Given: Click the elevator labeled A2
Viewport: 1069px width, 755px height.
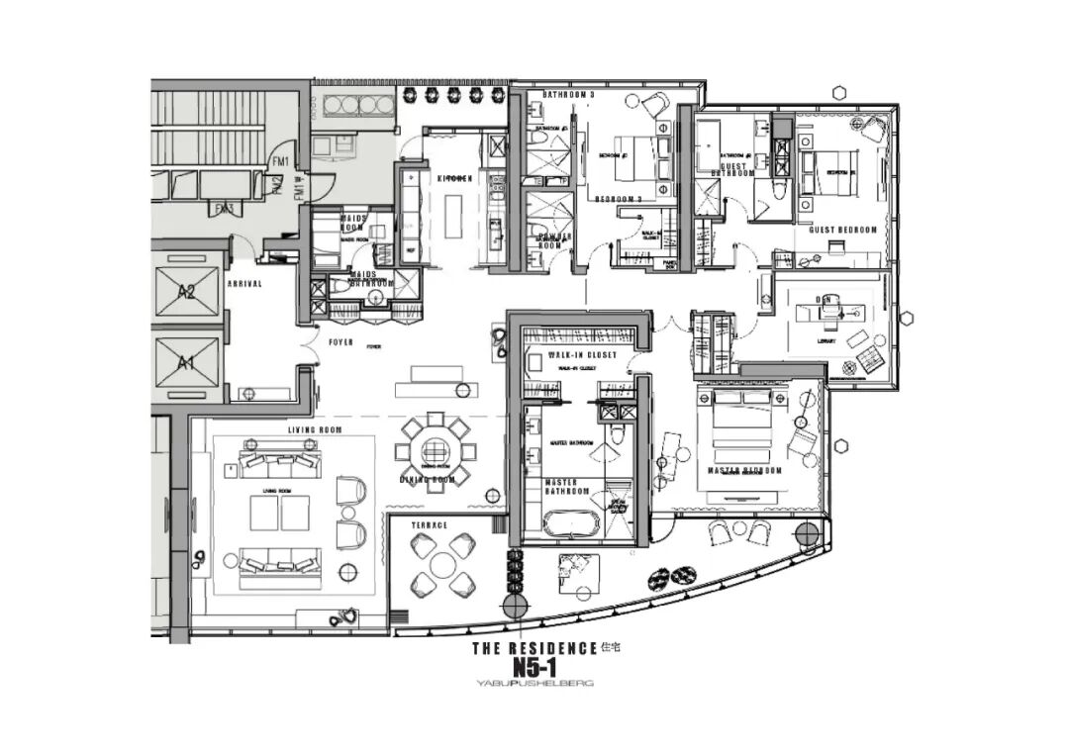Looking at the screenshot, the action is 187,291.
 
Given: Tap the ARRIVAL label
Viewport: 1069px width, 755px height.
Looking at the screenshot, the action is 244,283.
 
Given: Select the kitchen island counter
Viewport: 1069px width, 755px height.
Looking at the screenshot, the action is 455,216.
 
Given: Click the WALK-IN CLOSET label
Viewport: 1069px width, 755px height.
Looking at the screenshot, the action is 582,354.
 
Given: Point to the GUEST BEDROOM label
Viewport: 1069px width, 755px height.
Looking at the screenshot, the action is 842,230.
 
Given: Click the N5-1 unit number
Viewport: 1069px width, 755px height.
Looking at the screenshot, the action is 534,668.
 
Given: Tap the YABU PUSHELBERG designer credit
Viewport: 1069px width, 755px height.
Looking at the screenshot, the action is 534,683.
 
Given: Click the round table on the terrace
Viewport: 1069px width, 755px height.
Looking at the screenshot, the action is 443,565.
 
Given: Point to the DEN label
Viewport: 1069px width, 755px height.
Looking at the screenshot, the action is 824,299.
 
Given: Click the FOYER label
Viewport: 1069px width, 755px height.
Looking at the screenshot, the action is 341,341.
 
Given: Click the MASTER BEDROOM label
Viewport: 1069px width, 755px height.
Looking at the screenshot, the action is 744,471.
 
